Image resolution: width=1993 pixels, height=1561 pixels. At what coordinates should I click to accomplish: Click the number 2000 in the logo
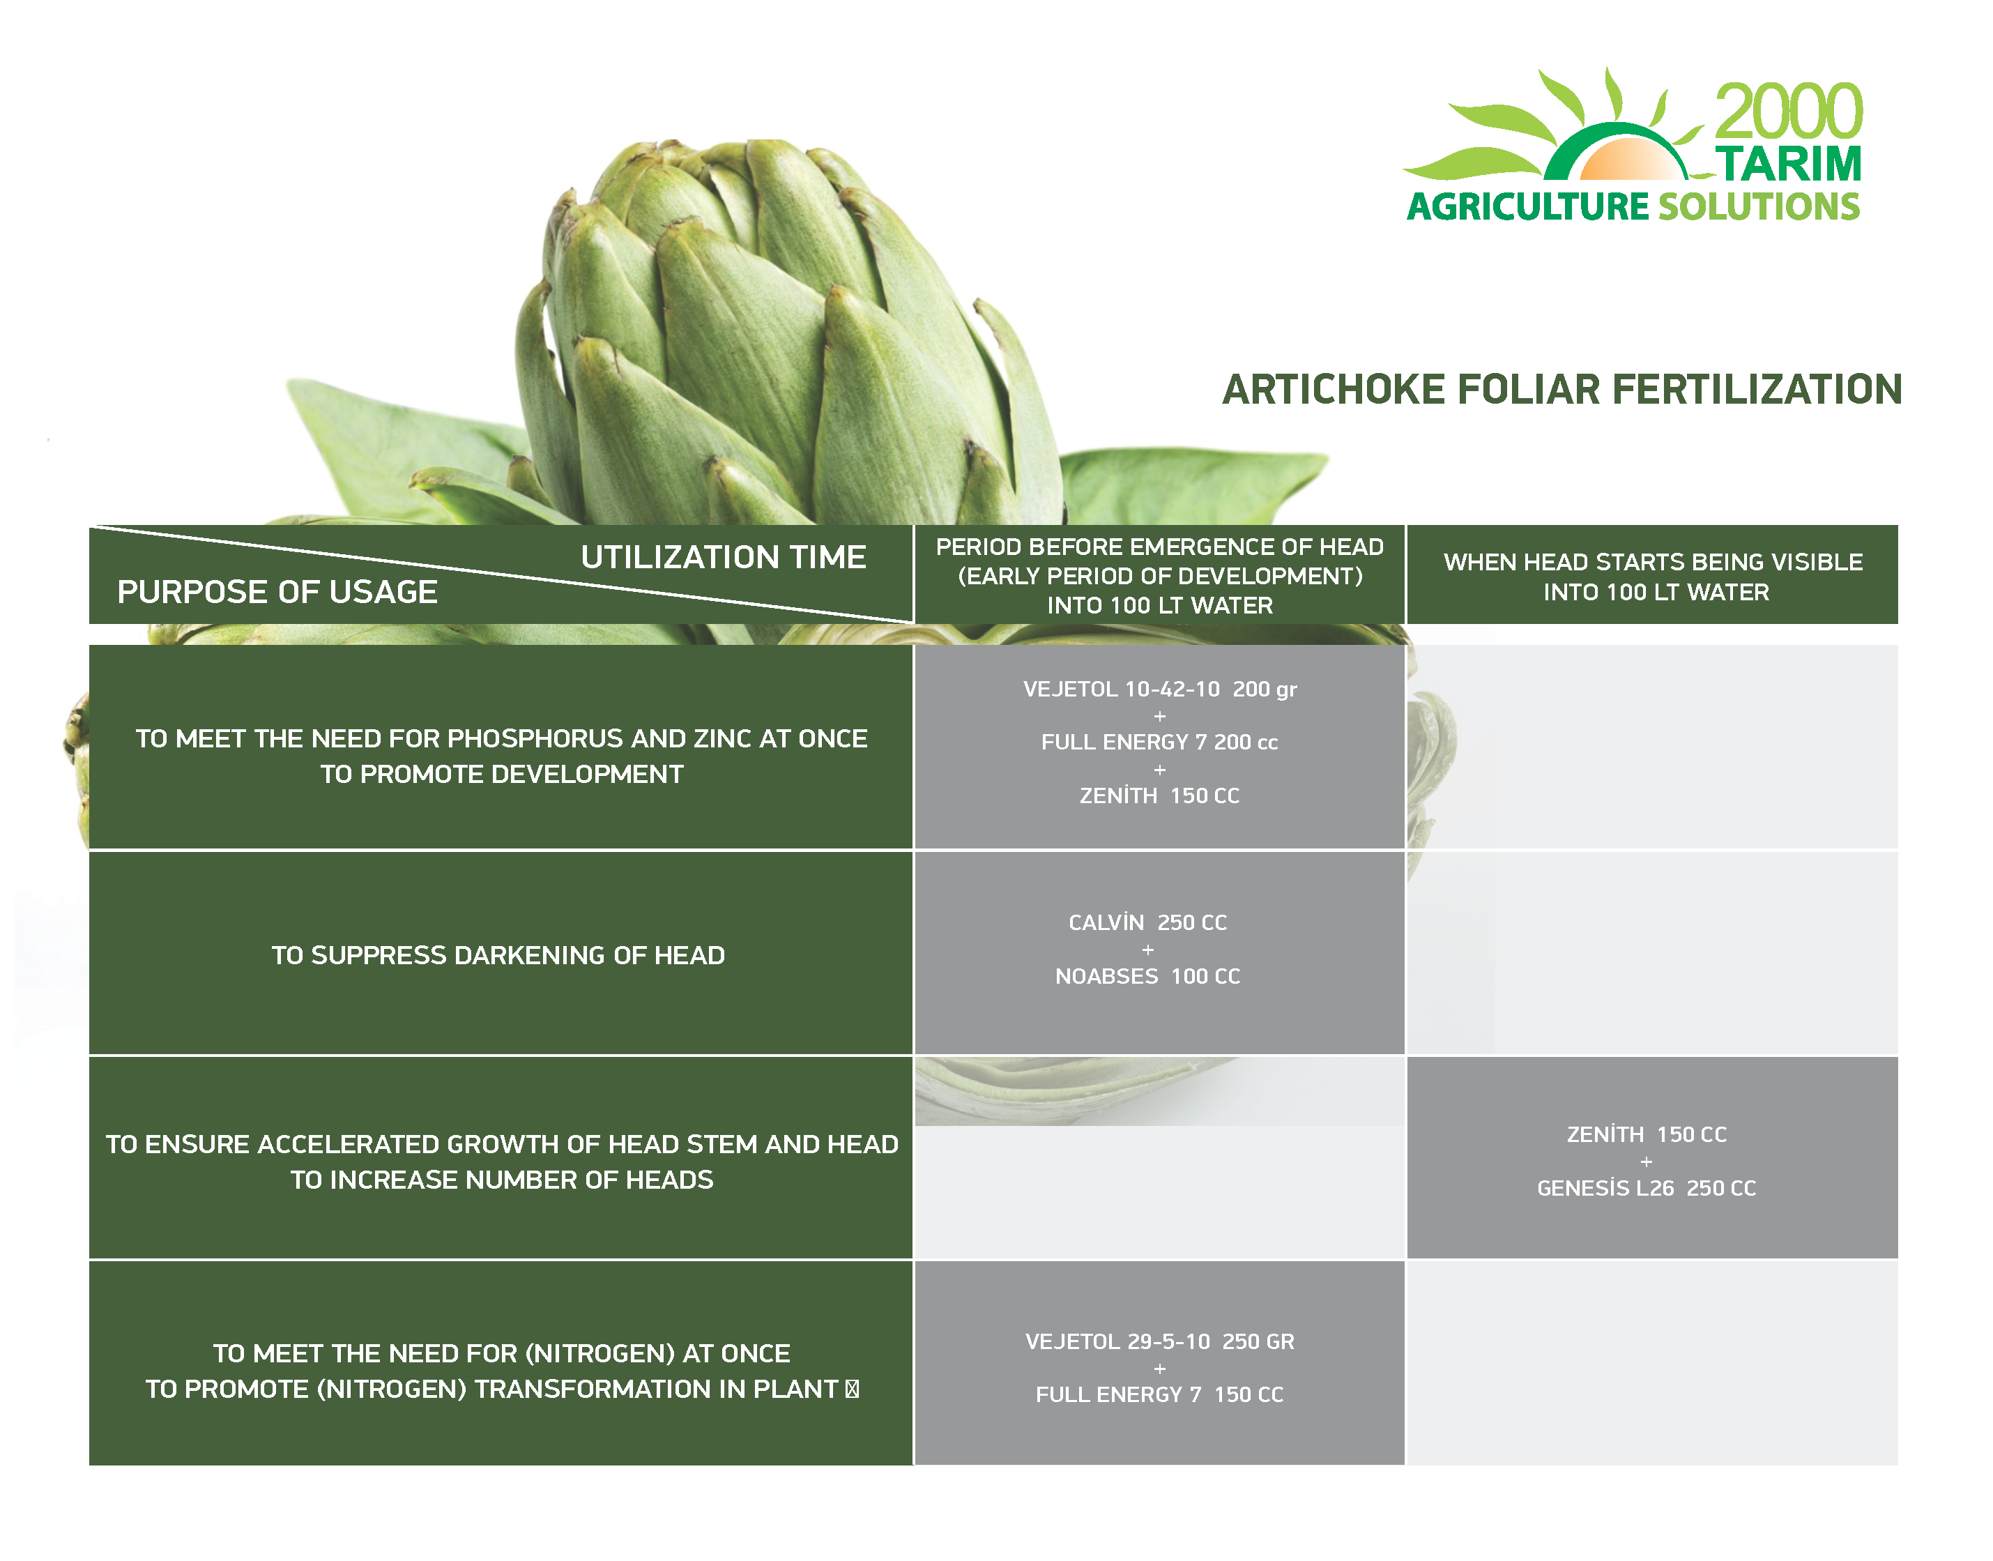click(x=1787, y=112)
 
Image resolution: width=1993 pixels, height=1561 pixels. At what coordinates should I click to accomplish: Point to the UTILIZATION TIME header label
click(x=723, y=556)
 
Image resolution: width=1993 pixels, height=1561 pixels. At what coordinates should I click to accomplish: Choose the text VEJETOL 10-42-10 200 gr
click(x=1159, y=689)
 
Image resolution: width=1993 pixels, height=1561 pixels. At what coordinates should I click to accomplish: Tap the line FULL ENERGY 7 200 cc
click(x=1159, y=742)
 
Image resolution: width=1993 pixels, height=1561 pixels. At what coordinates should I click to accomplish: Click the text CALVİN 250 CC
click(x=1147, y=923)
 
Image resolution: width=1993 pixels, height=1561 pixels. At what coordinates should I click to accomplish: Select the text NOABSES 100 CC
click(x=1147, y=976)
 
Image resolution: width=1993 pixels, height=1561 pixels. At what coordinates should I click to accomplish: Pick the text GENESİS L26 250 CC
click(x=1647, y=1188)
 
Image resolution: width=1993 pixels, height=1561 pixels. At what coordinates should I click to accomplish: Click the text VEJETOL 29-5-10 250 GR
click(x=1159, y=1341)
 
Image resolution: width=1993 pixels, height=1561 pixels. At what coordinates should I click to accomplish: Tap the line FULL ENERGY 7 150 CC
click(x=1159, y=1394)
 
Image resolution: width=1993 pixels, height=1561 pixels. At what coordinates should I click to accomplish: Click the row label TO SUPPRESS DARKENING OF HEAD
click(x=498, y=955)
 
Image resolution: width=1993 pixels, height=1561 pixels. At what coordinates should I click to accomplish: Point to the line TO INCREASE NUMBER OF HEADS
click(x=502, y=1180)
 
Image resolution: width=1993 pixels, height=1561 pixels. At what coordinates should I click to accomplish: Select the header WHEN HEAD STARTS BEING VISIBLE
click(x=1653, y=562)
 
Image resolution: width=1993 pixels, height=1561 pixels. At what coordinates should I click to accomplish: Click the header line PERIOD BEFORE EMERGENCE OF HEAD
click(x=1159, y=547)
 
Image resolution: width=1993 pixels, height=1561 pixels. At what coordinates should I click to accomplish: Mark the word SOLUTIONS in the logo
click(x=1759, y=206)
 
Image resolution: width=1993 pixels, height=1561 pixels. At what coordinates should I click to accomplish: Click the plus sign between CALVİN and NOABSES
click(x=1147, y=950)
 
